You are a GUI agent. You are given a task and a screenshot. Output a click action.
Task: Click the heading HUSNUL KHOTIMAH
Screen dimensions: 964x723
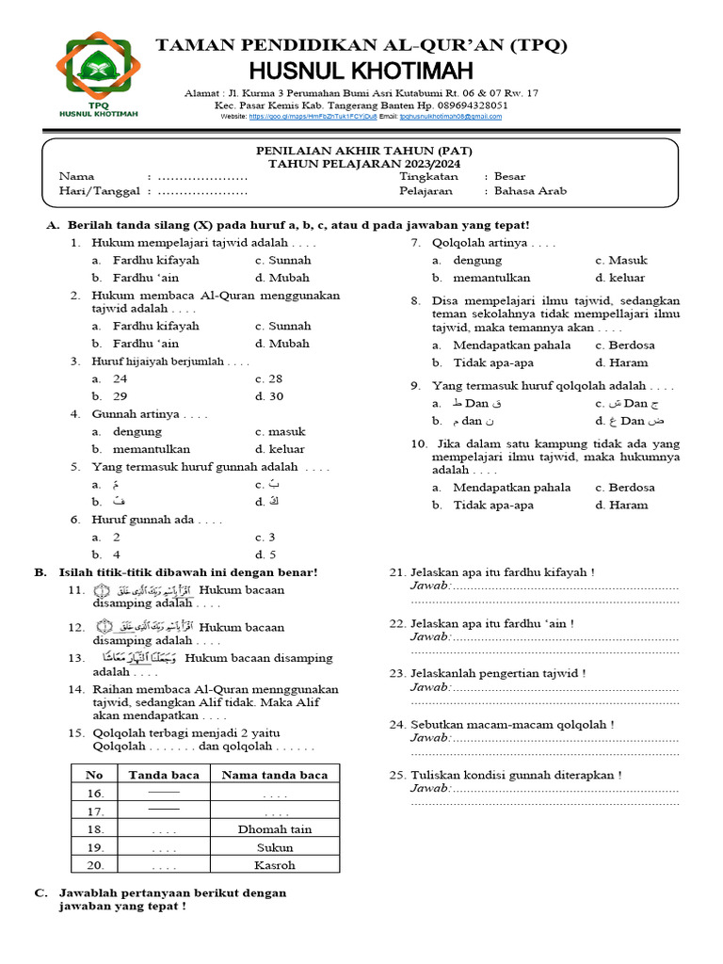(x=361, y=71)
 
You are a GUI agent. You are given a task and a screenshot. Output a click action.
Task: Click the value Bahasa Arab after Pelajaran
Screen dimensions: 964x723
(x=531, y=190)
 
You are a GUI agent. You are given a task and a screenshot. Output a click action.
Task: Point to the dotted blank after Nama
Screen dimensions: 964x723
(x=202, y=176)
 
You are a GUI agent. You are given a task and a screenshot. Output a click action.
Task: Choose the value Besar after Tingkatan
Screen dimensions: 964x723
(x=509, y=176)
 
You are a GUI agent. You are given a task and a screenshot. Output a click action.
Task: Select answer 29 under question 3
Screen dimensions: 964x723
(x=120, y=395)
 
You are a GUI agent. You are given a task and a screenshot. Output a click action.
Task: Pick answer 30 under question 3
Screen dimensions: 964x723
(x=275, y=395)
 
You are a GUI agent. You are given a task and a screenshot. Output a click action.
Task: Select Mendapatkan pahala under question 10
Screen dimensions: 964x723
(x=511, y=488)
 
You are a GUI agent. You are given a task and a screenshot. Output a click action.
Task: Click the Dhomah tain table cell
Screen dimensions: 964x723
(x=274, y=829)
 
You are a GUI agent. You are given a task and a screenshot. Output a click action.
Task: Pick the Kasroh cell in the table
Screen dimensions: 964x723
(x=274, y=865)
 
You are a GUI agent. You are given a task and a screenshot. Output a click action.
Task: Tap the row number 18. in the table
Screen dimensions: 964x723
(x=95, y=829)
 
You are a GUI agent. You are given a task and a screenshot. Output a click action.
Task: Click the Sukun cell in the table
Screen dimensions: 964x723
(x=274, y=847)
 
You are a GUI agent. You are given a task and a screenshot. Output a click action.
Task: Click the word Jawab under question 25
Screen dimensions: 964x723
(x=429, y=789)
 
